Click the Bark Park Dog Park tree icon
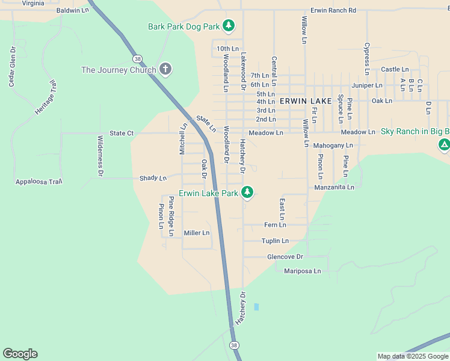[x=228, y=25]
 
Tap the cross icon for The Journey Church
[x=166, y=70]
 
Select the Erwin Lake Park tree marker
[x=247, y=193]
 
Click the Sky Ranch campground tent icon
[x=444, y=144]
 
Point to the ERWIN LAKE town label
[x=306, y=101]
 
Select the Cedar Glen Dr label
[x=11, y=67]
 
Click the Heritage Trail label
[x=45, y=97]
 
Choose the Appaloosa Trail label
[x=39, y=181]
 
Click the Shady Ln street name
[x=153, y=178]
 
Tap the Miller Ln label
[x=197, y=233]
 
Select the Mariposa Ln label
[x=302, y=271]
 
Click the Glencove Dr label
[x=285, y=256]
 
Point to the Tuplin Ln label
[x=275, y=241]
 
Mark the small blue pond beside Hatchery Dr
[x=256, y=307]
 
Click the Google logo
[x=20, y=354]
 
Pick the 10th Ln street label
[x=228, y=48]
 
